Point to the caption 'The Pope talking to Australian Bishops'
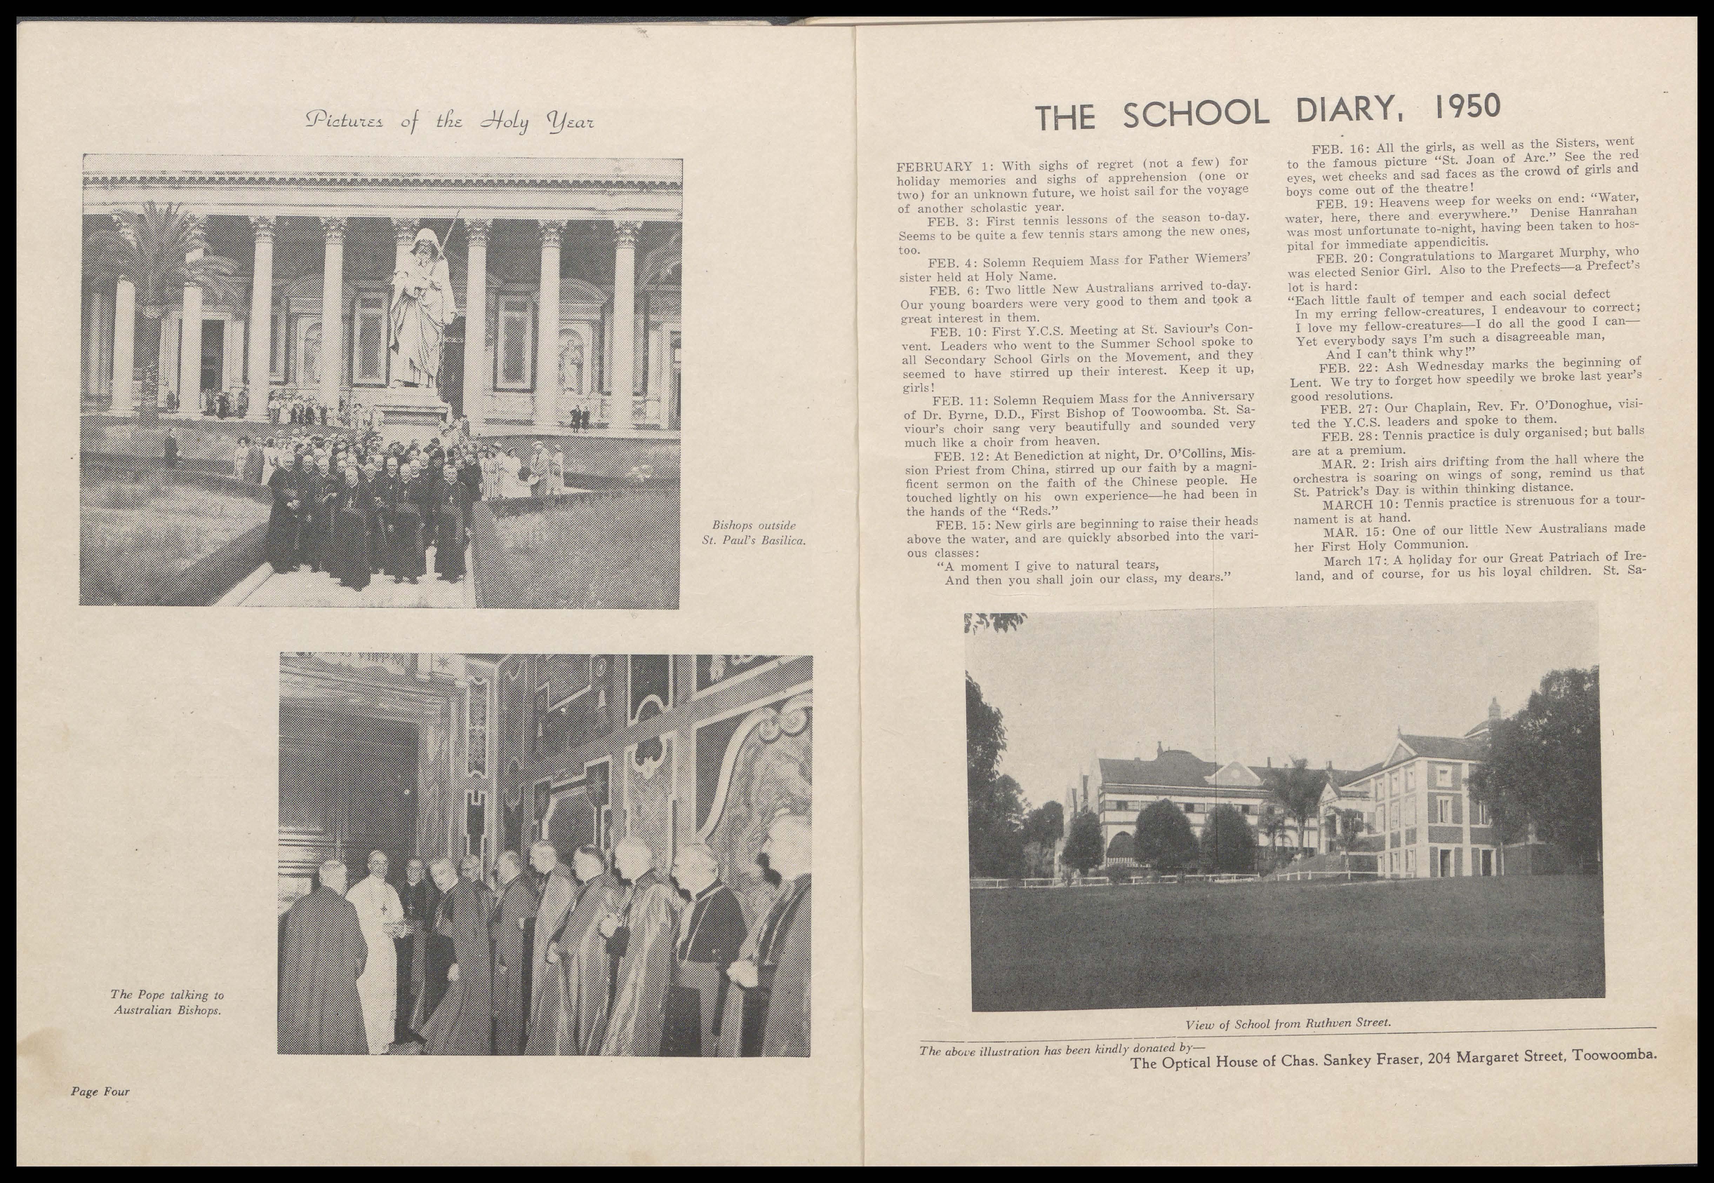click(168, 1002)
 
